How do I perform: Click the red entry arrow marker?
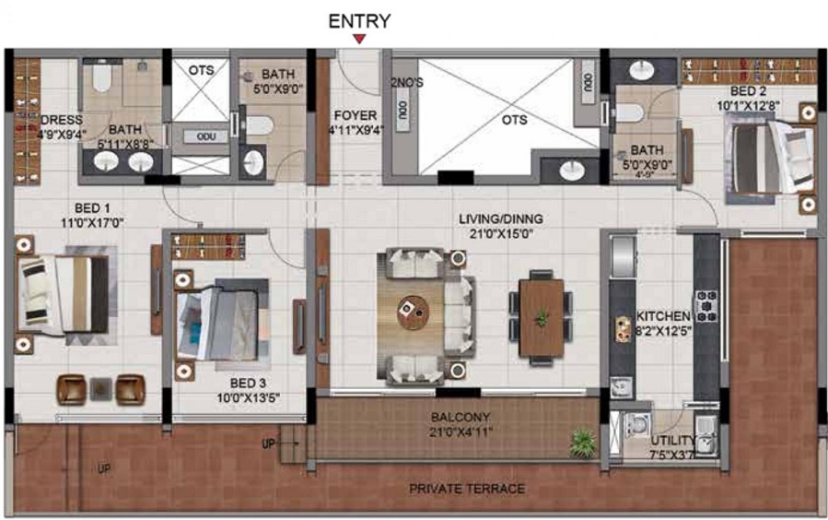point(359,39)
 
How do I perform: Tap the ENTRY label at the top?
point(359,20)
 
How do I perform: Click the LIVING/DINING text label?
point(501,219)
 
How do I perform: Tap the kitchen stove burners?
point(706,305)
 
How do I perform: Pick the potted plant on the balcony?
point(581,444)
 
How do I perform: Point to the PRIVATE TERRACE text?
point(467,489)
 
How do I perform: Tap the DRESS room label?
point(61,120)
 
